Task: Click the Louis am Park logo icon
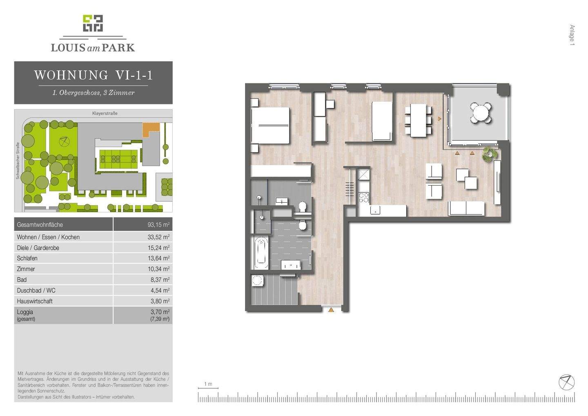coord(93,23)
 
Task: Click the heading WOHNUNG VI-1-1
coord(93,75)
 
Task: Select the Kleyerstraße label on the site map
coord(105,113)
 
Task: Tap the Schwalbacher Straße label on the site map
coord(18,161)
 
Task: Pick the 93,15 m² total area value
coord(158,225)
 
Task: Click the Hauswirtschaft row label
coord(35,301)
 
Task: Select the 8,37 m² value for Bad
coord(160,280)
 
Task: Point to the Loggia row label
coord(25,312)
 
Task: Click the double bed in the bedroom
coord(270,125)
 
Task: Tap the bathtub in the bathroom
coord(261,252)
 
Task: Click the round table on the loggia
coord(481,111)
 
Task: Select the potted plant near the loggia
coord(488,154)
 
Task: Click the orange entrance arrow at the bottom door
coord(331,310)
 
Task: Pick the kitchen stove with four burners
coord(363,198)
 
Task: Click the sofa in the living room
coord(466,208)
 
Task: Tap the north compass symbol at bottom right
coord(566,382)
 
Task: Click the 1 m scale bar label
coord(208,384)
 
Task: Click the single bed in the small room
coord(382,121)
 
